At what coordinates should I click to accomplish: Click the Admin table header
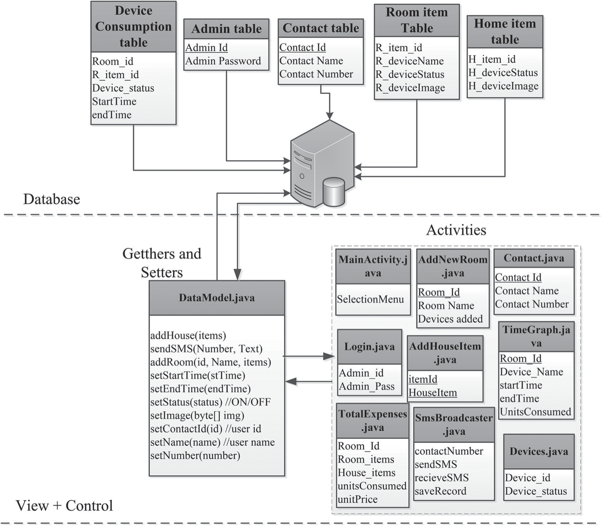[x=226, y=29]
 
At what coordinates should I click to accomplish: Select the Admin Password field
[x=223, y=61]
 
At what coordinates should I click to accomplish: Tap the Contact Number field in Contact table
[x=316, y=74]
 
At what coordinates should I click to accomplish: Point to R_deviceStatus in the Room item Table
[x=410, y=75]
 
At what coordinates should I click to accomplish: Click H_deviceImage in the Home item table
[x=503, y=86]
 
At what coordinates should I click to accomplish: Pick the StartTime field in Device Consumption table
[x=114, y=102]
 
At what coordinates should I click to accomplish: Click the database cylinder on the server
[x=334, y=192]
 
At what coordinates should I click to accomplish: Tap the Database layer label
[x=52, y=199]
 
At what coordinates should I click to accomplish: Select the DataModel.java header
[x=217, y=298]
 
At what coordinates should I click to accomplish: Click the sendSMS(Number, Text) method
[x=206, y=349]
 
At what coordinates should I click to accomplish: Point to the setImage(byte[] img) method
[x=197, y=416]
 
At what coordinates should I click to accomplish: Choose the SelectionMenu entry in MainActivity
[x=370, y=300]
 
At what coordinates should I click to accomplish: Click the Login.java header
[x=369, y=347]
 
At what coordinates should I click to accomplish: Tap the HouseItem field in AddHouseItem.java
[x=433, y=393]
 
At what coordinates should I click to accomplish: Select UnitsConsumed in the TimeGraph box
[x=535, y=412]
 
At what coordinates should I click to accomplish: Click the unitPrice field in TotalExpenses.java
[x=358, y=500]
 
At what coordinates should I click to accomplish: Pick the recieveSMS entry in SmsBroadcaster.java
[x=442, y=478]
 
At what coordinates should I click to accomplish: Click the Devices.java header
[x=539, y=451]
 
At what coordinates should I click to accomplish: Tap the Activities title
[x=456, y=230]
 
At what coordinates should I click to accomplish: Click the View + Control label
[x=64, y=506]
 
